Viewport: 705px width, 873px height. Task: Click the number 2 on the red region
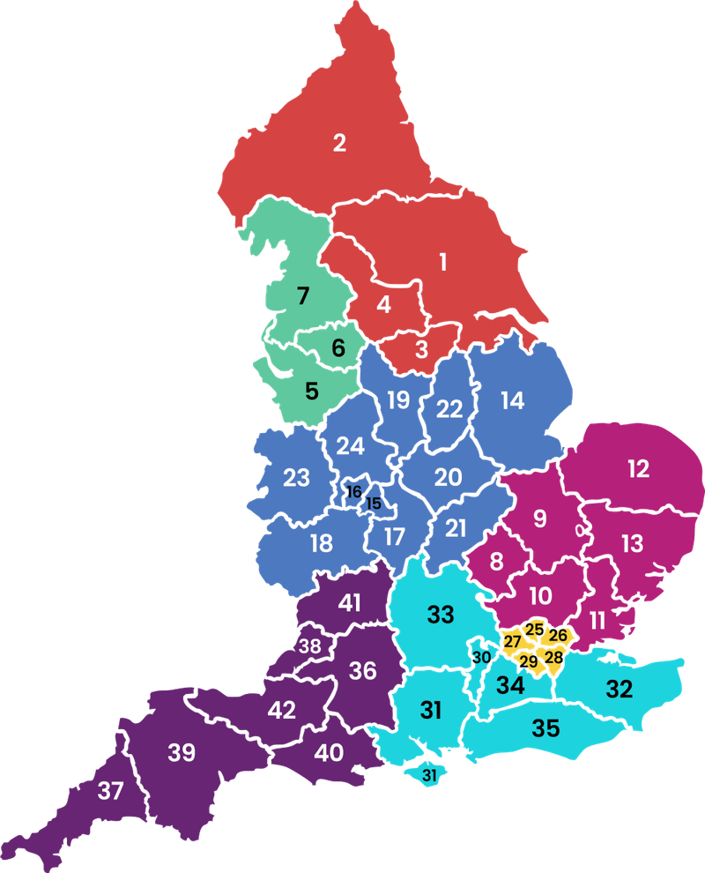coord(339,143)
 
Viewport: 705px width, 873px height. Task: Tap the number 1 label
coord(443,261)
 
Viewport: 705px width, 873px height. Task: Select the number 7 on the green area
coord(303,295)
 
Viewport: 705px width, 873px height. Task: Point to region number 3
coord(421,349)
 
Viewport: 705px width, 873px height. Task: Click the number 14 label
coord(512,400)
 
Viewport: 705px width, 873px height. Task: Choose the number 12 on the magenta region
coord(638,468)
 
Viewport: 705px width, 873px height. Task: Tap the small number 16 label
coord(354,492)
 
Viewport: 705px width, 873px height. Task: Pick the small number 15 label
coord(374,504)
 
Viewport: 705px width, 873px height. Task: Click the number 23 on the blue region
coord(296,478)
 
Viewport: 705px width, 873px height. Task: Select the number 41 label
coord(350,603)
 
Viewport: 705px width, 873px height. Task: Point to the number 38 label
coord(309,645)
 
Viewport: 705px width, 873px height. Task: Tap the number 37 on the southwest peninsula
coord(110,791)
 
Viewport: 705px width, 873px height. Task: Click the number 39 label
coord(182,752)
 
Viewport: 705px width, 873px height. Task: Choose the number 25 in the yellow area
coord(535,629)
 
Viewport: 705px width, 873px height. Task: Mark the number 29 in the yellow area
coord(528,661)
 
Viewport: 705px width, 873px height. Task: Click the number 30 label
coord(481,657)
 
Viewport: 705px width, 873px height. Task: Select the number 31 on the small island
coord(429,776)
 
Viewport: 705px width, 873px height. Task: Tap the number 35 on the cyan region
coord(545,728)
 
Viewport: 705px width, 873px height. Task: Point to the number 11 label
coord(597,620)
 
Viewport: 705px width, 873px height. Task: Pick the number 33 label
coord(441,614)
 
